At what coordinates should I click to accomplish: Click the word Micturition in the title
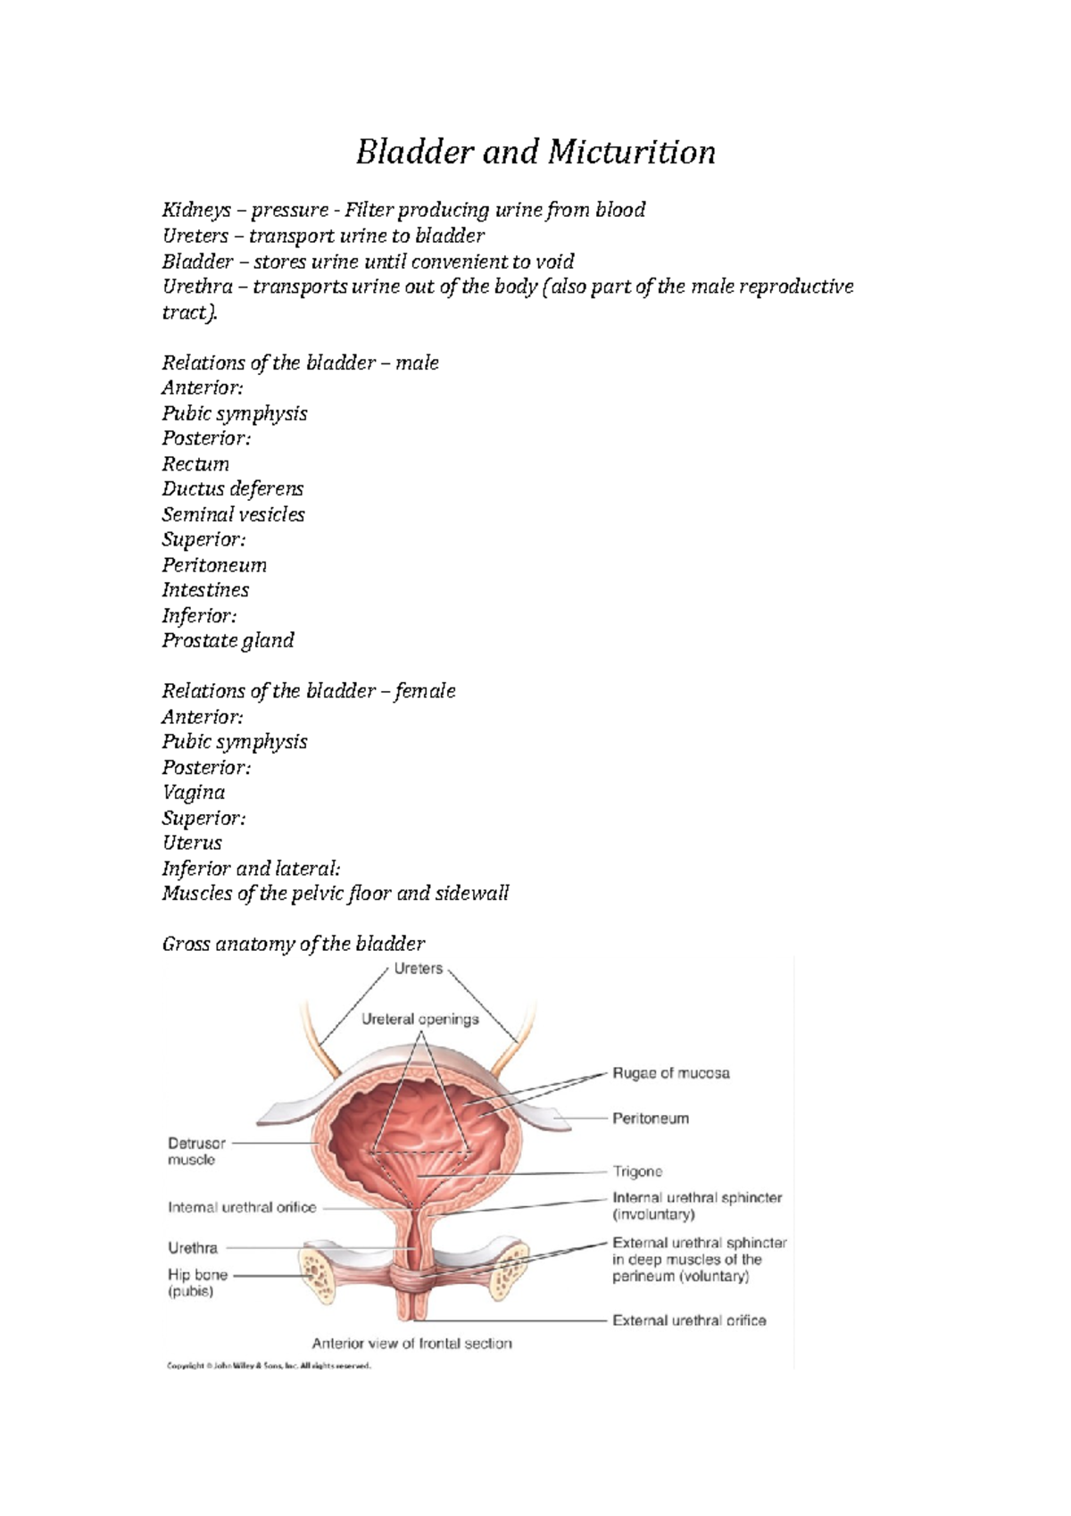pyautogui.click(x=631, y=153)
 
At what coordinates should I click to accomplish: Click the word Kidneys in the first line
pyautogui.click(x=195, y=211)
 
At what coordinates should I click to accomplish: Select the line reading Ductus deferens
pyautogui.click(x=232, y=489)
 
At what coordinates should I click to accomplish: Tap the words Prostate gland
pyautogui.click(x=228, y=641)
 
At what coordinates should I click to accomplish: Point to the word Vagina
pyautogui.click(x=193, y=793)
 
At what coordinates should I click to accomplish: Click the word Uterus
pyautogui.click(x=192, y=843)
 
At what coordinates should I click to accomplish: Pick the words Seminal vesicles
pyautogui.click(x=233, y=515)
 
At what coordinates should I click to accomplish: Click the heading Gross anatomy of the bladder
pyautogui.click(x=293, y=945)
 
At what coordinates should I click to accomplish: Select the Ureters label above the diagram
pyautogui.click(x=418, y=970)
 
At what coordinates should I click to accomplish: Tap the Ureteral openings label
pyautogui.click(x=419, y=1020)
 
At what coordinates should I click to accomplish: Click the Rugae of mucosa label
pyautogui.click(x=670, y=1073)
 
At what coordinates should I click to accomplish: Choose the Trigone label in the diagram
pyautogui.click(x=637, y=1171)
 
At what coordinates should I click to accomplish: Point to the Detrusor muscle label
pyautogui.click(x=196, y=1151)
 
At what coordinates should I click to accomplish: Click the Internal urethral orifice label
pyautogui.click(x=242, y=1208)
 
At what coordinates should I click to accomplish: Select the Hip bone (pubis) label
pyautogui.click(x=197, y=1283)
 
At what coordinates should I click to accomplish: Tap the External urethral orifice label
pyautogui.click(x=688, y=1320)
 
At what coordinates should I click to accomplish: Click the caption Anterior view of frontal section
pyautogui.click(x=411, y=1344)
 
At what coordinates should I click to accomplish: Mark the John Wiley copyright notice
pyautogui.click(x=268, y=1366)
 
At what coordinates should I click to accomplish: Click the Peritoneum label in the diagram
pyautogui.click(x=650, y=1119)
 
